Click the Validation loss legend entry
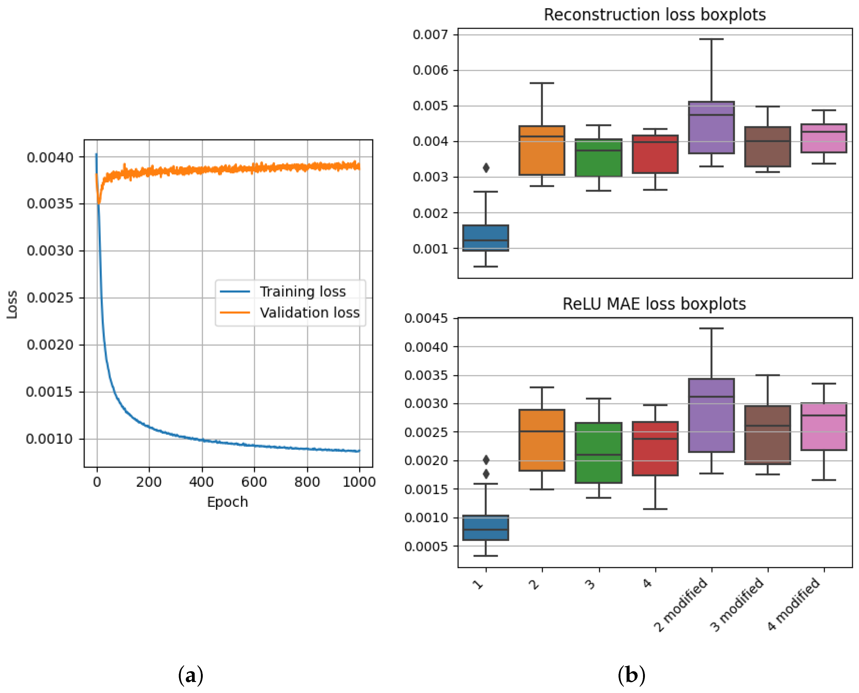309,312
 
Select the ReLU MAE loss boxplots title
654,304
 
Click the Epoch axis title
227,502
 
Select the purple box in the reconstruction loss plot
711,128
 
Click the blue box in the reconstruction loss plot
485,238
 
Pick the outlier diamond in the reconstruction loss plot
486,168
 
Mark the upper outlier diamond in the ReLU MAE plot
486,460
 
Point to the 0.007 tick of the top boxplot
430,35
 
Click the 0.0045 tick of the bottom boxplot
426,319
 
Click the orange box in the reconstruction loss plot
542,150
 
